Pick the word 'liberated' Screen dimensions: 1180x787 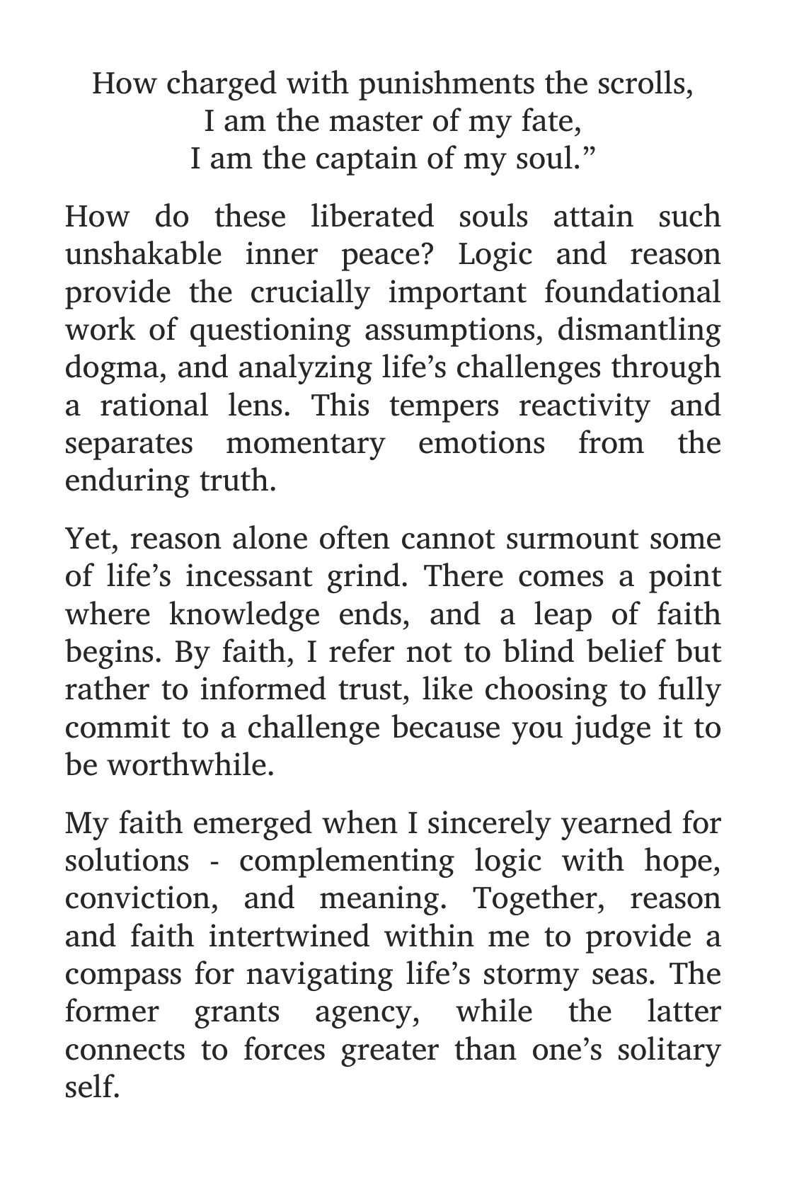372,216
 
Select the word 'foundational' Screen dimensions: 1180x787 633,292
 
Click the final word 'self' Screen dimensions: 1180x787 90,1087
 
